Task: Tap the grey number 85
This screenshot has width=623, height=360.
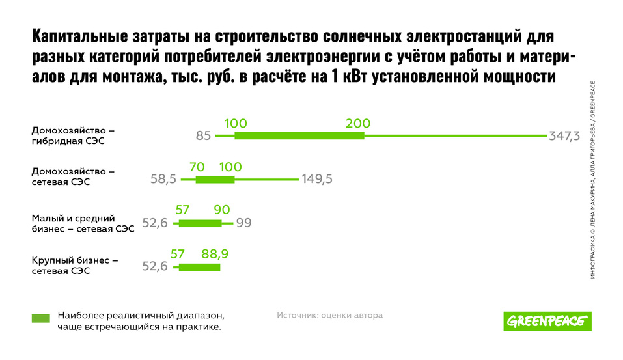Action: (x=203, y=136)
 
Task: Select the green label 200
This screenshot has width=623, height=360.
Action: (x=358, y=124)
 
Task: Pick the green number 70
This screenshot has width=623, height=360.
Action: (x=197, y=167)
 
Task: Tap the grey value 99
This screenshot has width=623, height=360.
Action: (x=243, y=223)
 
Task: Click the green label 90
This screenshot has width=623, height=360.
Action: (x=222, y=210)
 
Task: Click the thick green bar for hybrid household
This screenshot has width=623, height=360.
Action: (x=299, y=135)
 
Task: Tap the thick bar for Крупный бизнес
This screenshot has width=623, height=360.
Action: (x=199, y=267)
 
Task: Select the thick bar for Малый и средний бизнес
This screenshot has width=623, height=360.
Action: (x=200, y=223)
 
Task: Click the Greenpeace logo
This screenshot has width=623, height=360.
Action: (x=547, y=320)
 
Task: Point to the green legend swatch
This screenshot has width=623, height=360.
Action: (x=40, y=318)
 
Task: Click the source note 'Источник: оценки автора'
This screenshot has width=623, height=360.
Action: (x=329, y=315)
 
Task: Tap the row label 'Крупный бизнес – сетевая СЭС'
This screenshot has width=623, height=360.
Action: (x=74, y=266)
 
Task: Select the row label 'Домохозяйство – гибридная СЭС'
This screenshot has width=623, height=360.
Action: (x=73, y=135)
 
